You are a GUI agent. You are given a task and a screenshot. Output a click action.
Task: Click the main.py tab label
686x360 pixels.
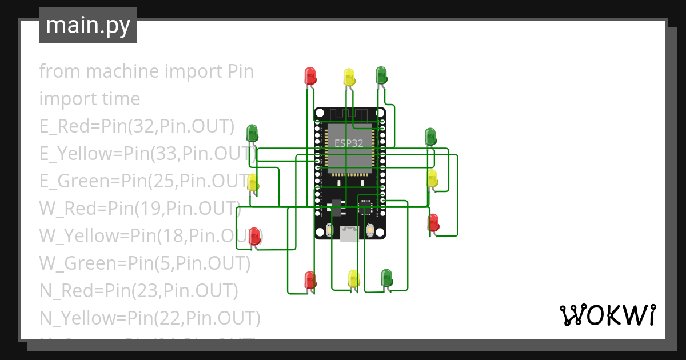pyautogui.click(x=87, y=25)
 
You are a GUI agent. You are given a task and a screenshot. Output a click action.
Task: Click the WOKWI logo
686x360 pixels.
pyautogui.click(x=607, y=315)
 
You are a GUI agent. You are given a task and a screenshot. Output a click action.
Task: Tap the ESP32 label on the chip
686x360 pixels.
pyautogui.click(x=349, y=143)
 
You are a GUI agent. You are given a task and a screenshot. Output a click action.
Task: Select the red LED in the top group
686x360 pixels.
pyautogui.click(x=310, y=76)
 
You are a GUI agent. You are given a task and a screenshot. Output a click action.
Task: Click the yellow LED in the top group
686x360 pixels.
pyautogui.click(x=349, y=77)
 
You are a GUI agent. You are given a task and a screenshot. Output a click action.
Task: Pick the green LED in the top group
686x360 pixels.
pyautogui.click(x=381, y=75)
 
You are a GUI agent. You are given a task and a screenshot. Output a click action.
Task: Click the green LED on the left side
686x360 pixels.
pyautogui.click(x=252, y=133)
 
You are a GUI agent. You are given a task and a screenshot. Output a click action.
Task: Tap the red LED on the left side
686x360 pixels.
pyautogui.click(x=254, y=236)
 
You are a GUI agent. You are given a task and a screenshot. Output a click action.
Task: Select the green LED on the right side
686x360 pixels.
pyautogui.click(x=430, y=137)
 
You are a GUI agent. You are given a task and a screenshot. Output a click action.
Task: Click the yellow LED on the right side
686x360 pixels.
pyautogui.click(x=432, y=178)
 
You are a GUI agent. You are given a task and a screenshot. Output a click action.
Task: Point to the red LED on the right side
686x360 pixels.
pyautogui.click(x=433, y=223)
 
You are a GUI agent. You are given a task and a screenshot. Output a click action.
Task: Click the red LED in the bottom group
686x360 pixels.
pyautogui.click(x=310, y=279)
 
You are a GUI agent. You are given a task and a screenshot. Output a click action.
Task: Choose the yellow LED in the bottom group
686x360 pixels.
pyautogui.click(x=354, y=278)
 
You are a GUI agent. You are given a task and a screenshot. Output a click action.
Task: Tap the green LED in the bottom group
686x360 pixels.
pyautogui.click(x=387, y=278)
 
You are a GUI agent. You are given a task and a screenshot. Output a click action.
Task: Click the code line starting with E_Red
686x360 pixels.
pyautogui.click(x=137, y=126)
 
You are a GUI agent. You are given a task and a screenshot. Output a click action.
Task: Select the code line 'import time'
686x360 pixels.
pyautogui.click(x=90, y=99)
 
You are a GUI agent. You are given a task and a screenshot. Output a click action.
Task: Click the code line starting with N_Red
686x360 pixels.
pyautogui.click(x=138, y=291)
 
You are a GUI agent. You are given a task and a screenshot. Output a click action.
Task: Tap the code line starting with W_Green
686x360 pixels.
pyautogui.click(x=145, y=263)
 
